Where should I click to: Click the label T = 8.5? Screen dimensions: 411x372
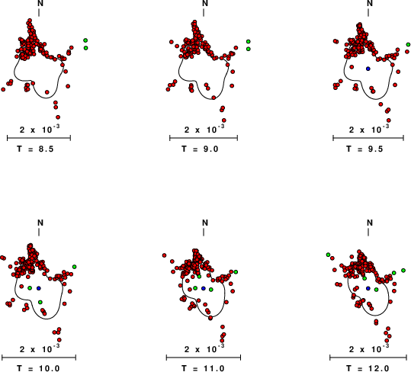[35, 149]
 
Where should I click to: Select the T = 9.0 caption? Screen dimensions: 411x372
[200, 149]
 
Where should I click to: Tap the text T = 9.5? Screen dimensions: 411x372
[364, 149]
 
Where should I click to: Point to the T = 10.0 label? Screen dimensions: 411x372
[38, 368]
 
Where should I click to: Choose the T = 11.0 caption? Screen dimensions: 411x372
[203, 368]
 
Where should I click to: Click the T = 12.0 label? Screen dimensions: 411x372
[368, 368]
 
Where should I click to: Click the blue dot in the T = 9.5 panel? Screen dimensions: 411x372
[368, 69]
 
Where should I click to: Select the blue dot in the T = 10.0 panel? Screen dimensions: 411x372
[39, 288]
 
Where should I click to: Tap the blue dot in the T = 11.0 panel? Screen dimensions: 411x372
[204, 288]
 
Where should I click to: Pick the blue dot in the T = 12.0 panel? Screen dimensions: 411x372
[368, 288]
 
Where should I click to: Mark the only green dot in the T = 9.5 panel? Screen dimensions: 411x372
[408, 44]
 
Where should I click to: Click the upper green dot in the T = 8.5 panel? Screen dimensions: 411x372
[85, 40]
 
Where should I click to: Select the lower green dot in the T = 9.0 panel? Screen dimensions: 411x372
[249, 49]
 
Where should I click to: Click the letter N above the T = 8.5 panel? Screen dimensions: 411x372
[40, 3]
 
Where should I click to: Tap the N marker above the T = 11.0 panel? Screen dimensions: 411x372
[205, 223]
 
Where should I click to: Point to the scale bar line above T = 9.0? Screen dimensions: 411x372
[204, 138]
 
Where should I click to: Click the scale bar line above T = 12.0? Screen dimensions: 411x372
[368, 358]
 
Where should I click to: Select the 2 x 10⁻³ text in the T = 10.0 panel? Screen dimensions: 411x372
[40, 348]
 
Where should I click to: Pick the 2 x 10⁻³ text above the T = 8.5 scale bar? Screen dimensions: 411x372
[40, 129]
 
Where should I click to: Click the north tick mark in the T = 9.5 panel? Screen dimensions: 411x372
[368, 12]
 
